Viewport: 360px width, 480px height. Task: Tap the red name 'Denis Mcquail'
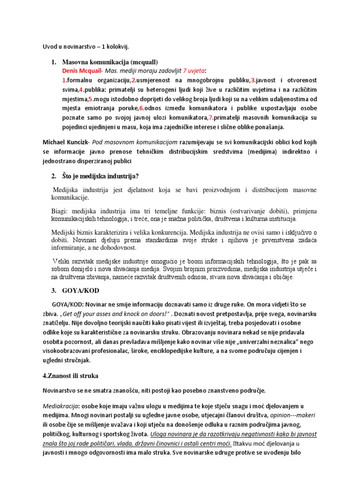click(82, 71)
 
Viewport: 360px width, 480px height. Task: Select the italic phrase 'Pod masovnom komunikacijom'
click(131, 141)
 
